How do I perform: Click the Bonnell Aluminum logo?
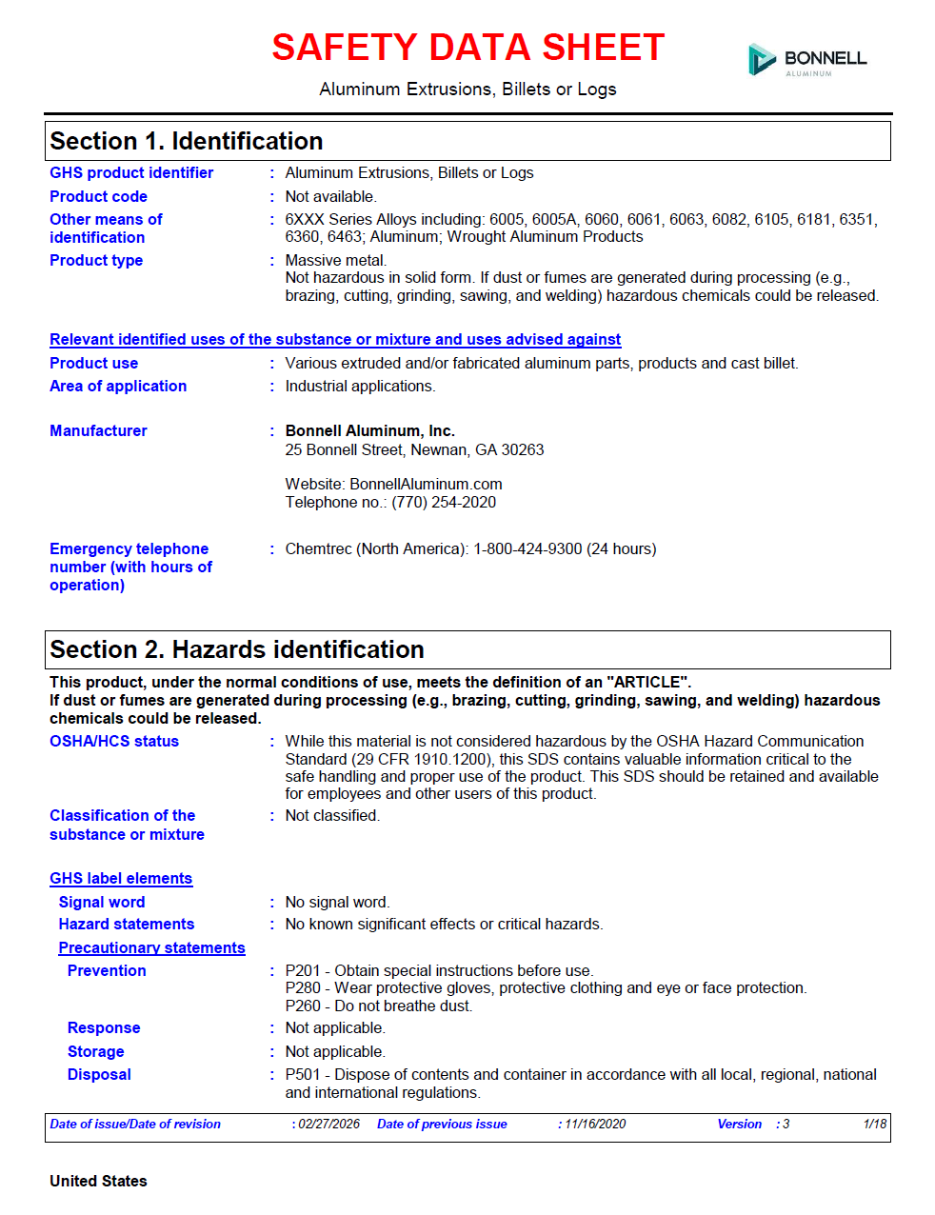[807, 59]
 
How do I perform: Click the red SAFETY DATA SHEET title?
[467, 48]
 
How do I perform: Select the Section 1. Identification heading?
[187, 142]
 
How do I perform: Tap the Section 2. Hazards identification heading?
[237, 650]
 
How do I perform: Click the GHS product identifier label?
[131, 173]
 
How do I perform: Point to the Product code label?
[98, 197]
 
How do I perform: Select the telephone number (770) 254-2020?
[444, 503]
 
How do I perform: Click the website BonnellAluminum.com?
[426, 485]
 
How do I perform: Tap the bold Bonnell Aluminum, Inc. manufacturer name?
[369, 431]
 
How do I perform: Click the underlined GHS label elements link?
[121, 879]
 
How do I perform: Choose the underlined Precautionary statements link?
[151, 948]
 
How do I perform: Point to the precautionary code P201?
[303, 971]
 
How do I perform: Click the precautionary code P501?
[303, 1075]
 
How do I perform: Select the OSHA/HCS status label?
[114, 742]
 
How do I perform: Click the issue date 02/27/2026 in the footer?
[329, 1125]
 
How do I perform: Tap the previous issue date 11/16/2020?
[595, 1125]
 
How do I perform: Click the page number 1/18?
[874, 1125]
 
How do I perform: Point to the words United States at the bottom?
[98, 1182]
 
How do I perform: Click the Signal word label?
[102, 903]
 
